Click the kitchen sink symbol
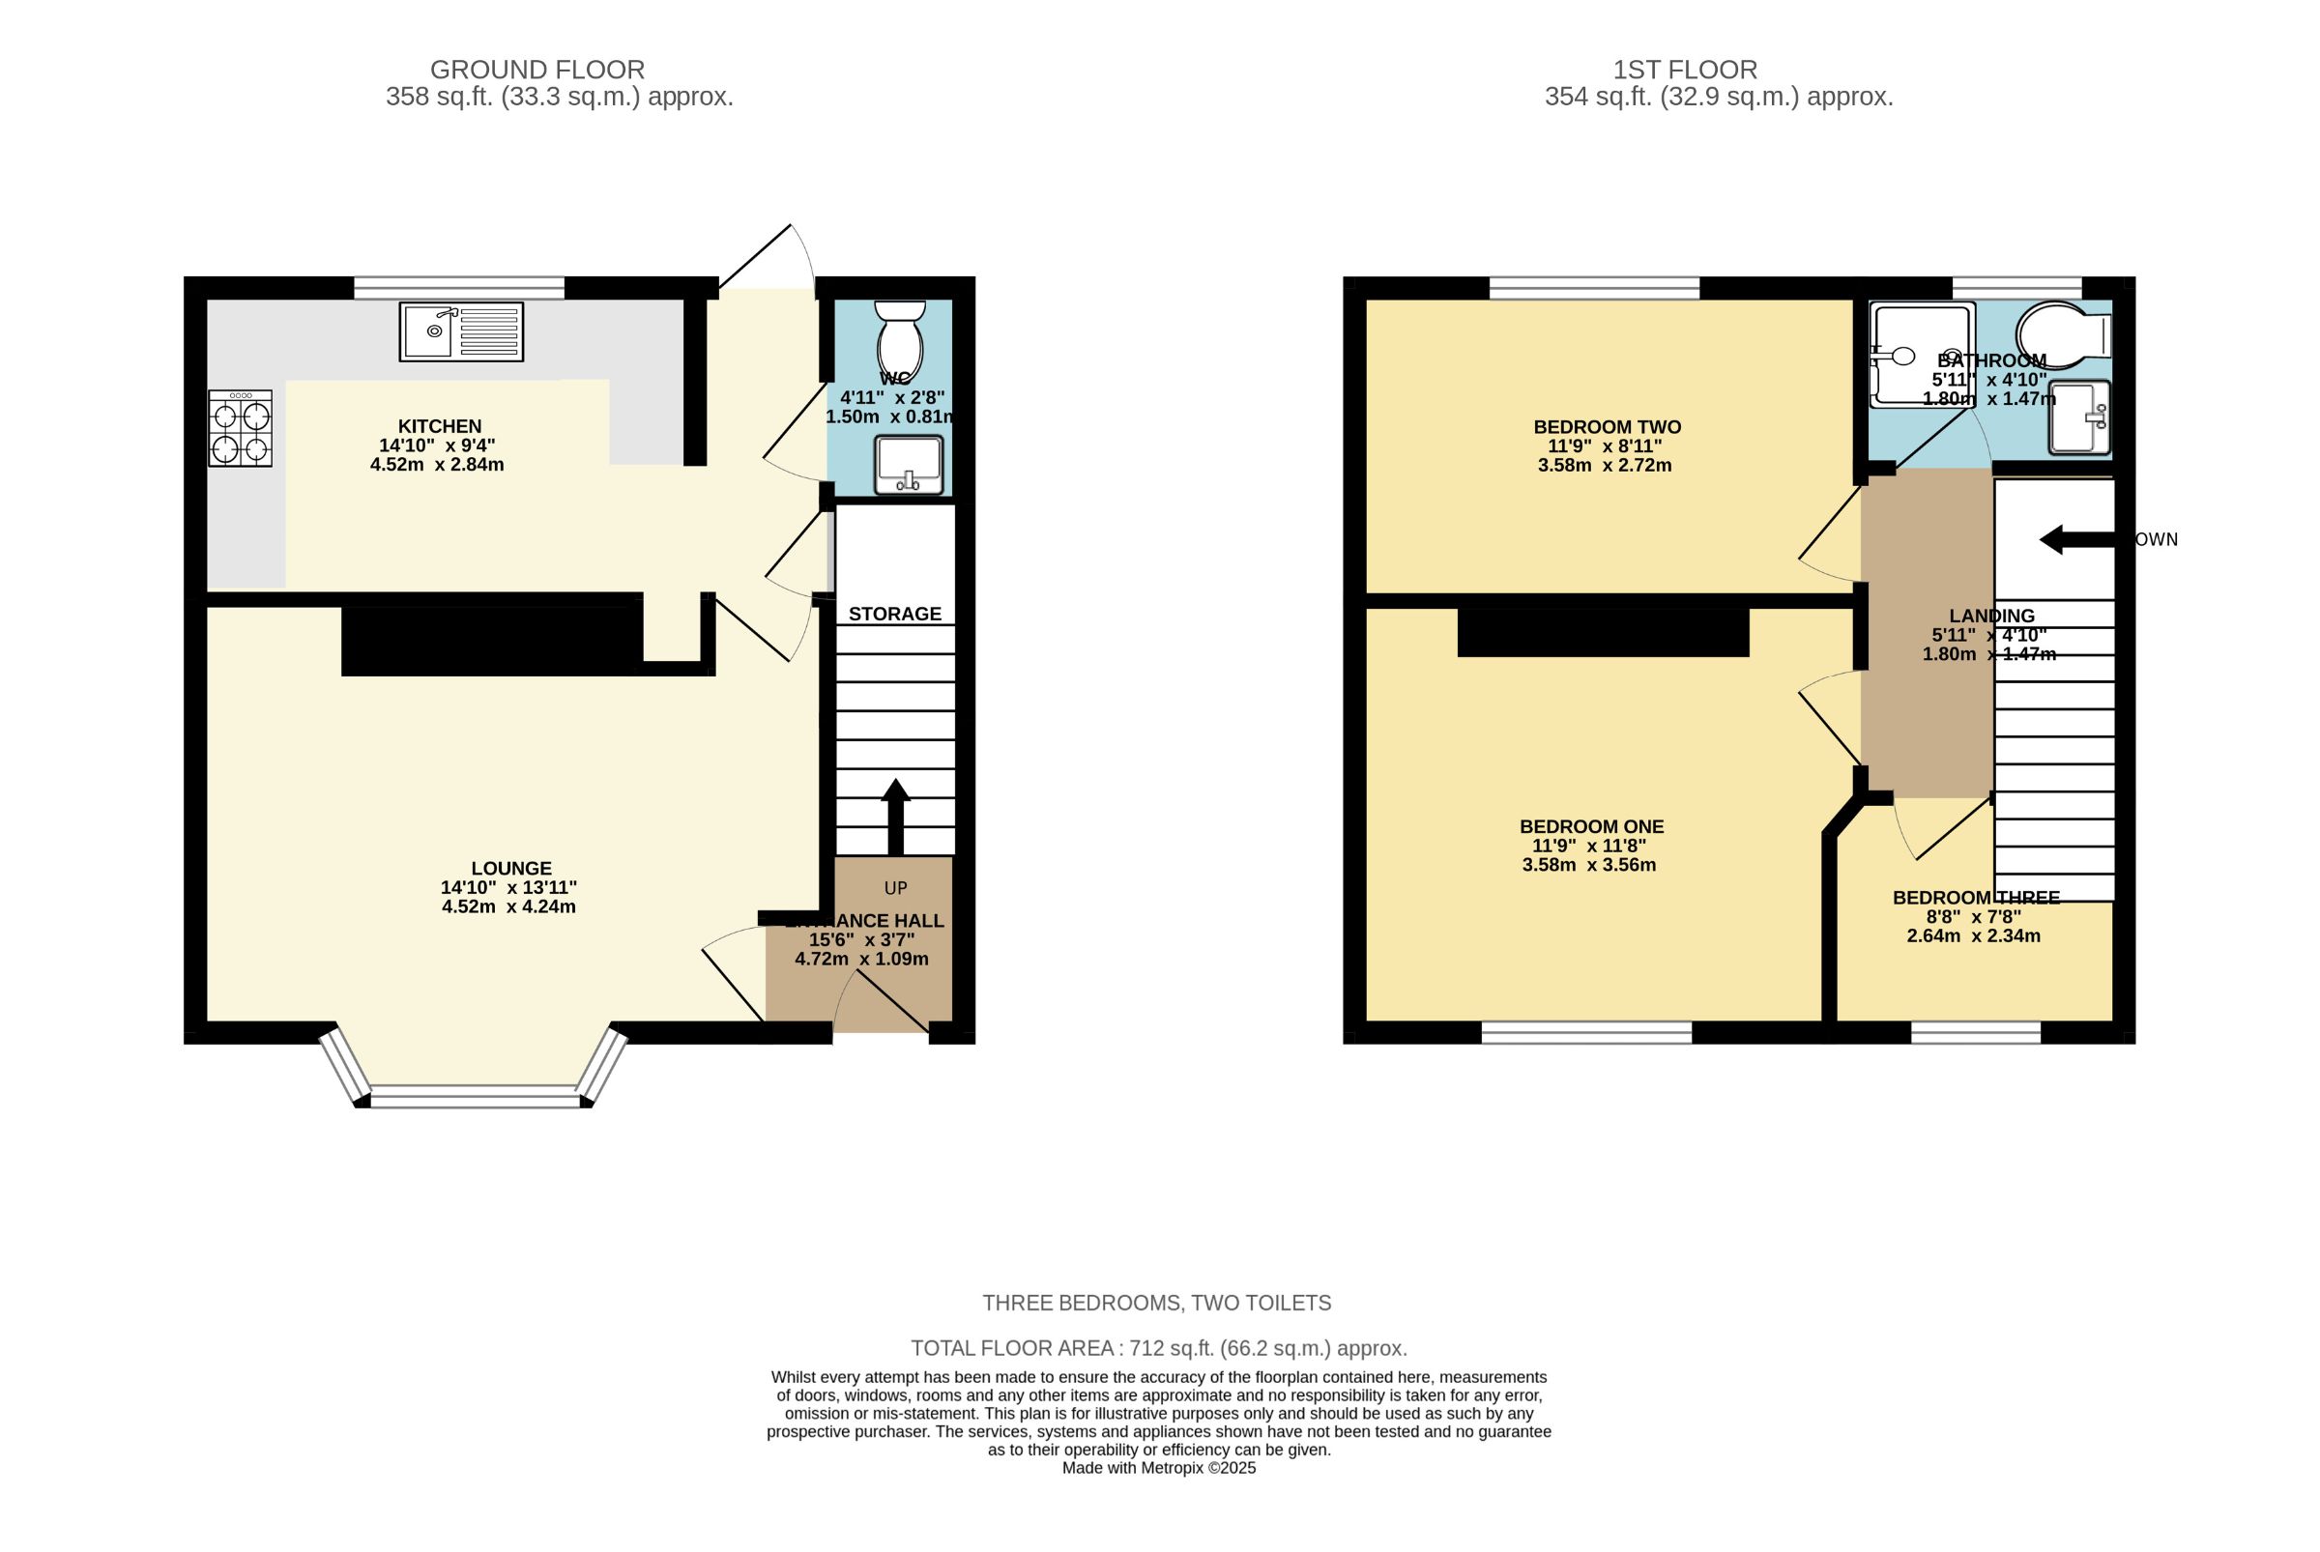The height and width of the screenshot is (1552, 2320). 461,331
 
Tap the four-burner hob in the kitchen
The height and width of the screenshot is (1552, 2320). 241,428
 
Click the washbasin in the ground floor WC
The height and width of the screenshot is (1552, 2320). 908,463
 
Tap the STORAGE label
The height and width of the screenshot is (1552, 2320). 895,614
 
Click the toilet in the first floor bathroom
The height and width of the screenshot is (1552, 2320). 2063,335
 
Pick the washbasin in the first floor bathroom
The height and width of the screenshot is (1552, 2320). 2079,417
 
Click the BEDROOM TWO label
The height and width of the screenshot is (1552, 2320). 1607,427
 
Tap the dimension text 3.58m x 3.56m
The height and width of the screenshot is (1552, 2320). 1588,865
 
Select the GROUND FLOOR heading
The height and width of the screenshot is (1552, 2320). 536,71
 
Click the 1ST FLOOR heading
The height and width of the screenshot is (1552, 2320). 1685,71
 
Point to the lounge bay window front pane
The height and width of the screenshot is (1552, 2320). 475,1096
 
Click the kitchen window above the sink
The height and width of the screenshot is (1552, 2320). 459,288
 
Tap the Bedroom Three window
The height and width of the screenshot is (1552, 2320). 1976,1033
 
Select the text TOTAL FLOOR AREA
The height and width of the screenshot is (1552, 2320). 1011,1348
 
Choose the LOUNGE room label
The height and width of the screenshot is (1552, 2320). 511,869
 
